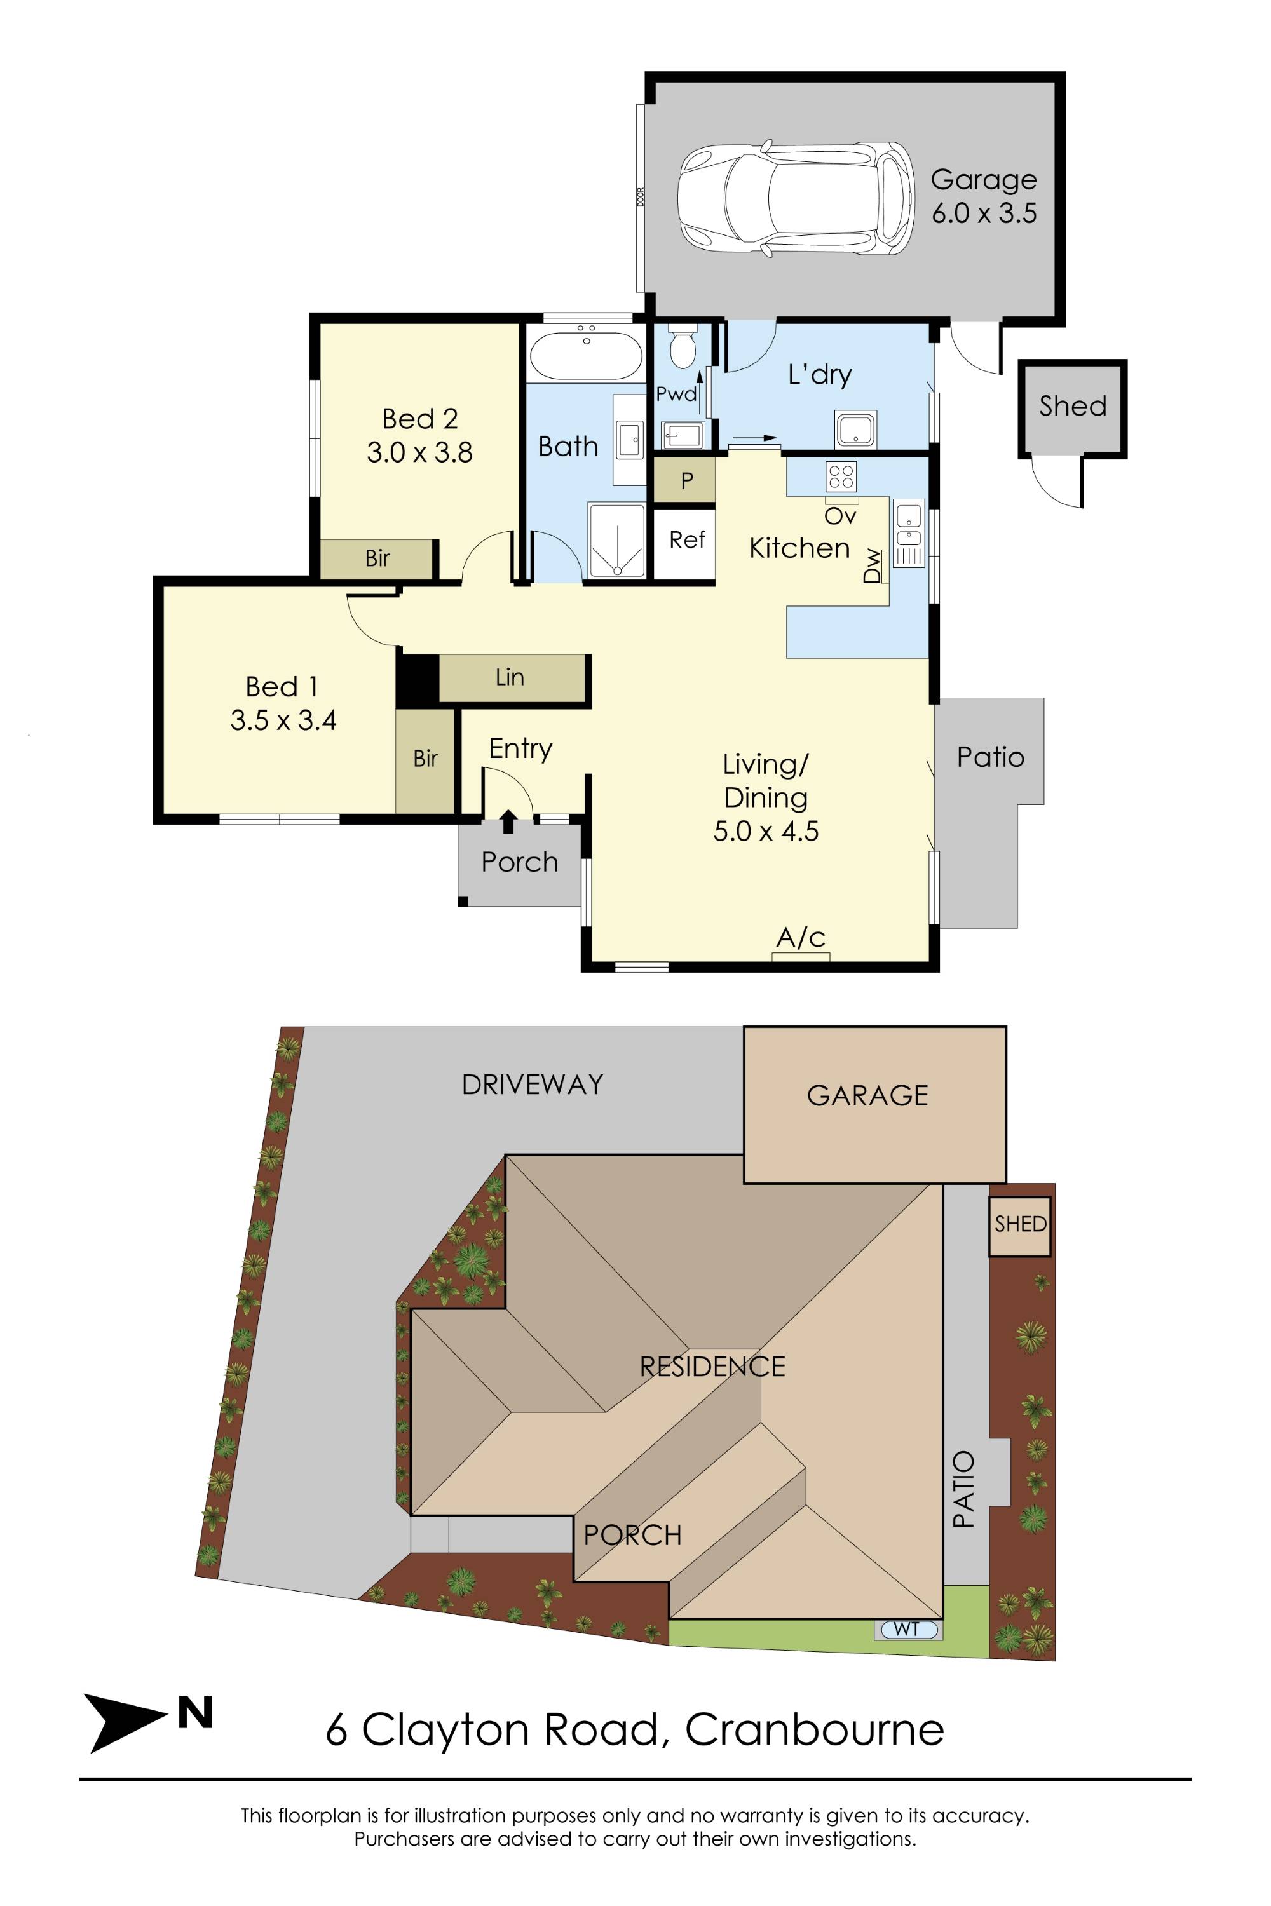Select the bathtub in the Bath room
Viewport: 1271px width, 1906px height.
(x=586, y=356)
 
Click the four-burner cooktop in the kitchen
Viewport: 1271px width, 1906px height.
(x=841, y=476)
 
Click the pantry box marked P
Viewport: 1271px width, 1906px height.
(x=685, y=480)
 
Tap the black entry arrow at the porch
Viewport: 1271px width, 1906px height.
(x=508, y=821)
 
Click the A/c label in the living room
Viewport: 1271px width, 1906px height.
(x=801, y=938)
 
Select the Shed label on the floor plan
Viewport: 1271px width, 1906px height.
(x=1073, y=406)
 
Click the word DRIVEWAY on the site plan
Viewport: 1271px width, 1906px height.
(x=533, y=1085)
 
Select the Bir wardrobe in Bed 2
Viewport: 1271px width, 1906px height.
(x=376, y=558)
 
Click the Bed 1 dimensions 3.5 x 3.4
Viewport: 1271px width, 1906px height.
(x=283, y=720)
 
